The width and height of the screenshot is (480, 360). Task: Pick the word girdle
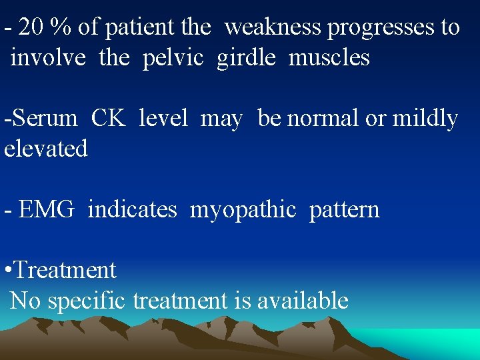point(245,58)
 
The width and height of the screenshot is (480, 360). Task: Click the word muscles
point(329,58)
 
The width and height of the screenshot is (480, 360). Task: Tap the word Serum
point(43,119)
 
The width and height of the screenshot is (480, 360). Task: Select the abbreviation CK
point(107,119)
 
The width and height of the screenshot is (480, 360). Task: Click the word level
point(163,119)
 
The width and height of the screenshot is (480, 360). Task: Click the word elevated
point(46,148)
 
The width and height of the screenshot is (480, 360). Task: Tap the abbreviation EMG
point(46,210)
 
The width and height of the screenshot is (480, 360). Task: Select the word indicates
point(132,210)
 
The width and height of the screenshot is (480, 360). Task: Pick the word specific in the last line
point(87,301)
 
